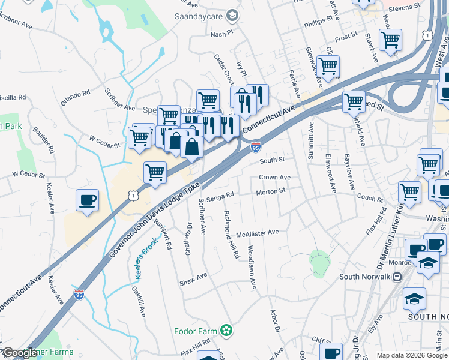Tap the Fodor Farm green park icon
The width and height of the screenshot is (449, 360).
[x=226, y=330]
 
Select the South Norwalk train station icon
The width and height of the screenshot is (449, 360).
[x=396, y=277]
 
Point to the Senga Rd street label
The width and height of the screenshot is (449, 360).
[x=219, y=198]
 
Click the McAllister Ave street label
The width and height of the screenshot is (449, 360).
[x=258, y=233]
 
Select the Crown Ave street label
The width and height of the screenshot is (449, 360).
[x=274, y=178]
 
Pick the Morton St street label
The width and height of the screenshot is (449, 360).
[x=270, y=191]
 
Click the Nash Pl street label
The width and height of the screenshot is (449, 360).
[x=220, y=35]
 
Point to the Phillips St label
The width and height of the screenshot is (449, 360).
[x=318, y=20]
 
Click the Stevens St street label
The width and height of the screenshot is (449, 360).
[x=404, y=7]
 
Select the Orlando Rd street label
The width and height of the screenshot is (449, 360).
[x=75, y=94]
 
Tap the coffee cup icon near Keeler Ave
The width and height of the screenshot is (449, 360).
[x=88, y=200]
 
